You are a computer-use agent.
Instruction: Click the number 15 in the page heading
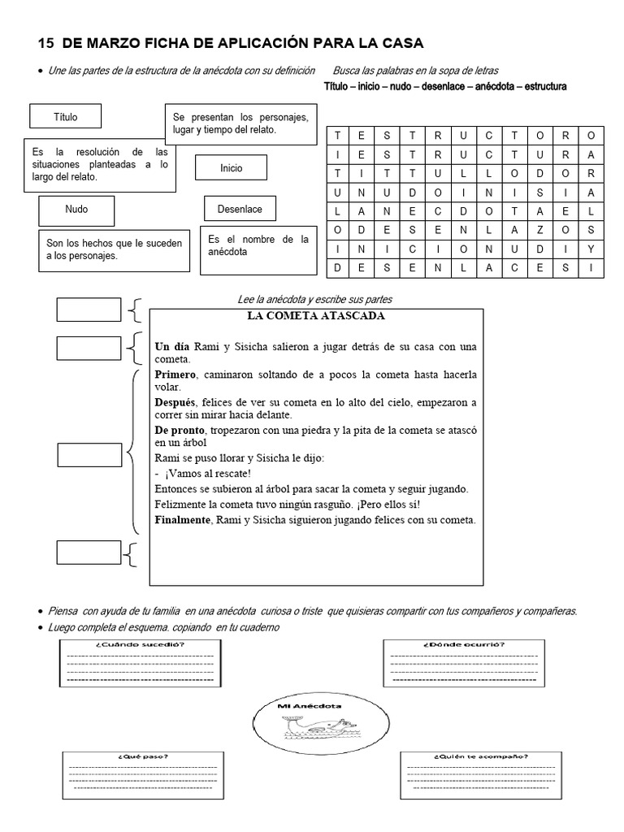[x=46, y=42]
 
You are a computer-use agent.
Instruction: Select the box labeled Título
[x=65, y=117]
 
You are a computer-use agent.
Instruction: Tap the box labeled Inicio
[x=231, y=168]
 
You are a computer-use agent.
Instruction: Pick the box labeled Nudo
[x=76, y=210]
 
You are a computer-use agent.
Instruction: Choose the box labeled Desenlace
[x=240, y=210]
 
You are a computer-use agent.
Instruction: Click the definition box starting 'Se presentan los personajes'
[x=240, y=123]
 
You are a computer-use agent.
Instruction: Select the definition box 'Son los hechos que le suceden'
[x=114, y=249]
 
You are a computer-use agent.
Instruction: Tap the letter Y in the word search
[x=591, y=249]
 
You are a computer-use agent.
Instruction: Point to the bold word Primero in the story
[x=175, y=375]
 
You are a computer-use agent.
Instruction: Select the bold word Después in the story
[x=175, y=403]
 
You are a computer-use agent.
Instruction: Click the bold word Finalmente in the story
[x=183, y=520]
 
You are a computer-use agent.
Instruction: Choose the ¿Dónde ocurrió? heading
[x=463, y=645]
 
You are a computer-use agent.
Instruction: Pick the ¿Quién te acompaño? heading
[x=481, y=756]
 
